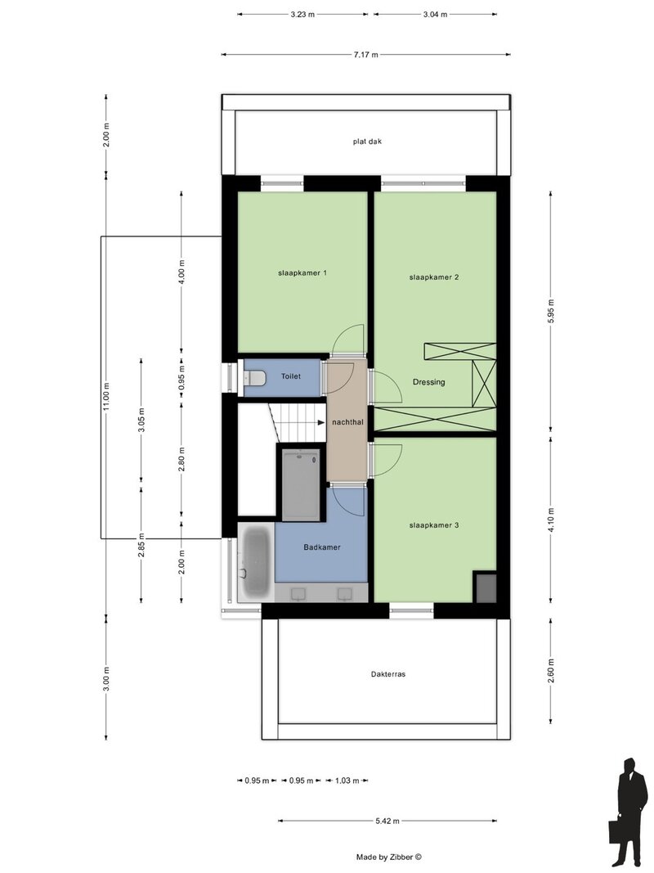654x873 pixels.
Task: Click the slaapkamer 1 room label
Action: tap(302, 272)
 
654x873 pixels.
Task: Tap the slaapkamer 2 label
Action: tap(434, 277)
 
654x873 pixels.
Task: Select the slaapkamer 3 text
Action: tap(434, 525)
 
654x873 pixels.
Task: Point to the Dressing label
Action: tap(428, 382)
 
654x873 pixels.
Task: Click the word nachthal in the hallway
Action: tap(347, 422)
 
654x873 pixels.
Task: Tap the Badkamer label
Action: tap(322, 547)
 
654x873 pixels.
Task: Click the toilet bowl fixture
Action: tap(255, 378)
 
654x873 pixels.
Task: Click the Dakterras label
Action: tap(388, 674)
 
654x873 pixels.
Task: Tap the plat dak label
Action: tap(368, 142)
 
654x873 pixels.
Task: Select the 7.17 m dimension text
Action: tap(366, 55)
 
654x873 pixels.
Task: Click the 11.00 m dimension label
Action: tap(105, 397)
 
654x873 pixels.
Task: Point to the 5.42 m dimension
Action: tap(387, 821)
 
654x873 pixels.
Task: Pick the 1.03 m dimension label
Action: tap(347, 781)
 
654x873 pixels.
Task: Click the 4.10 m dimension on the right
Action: tap(551, 519)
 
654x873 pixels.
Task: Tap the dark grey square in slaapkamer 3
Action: tap(486, 587)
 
